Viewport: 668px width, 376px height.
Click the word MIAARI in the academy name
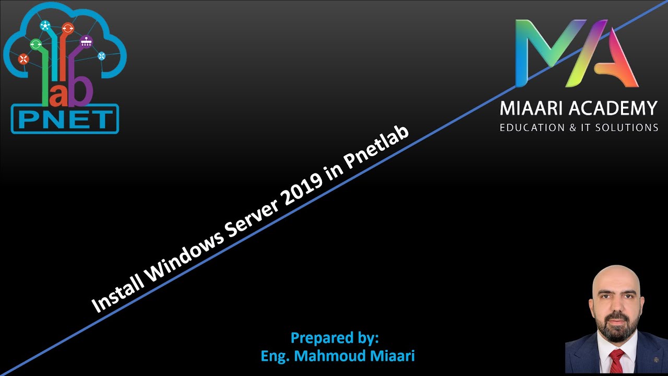point(530,108)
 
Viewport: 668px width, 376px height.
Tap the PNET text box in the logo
point(65,119)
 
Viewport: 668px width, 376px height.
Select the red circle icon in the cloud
point(23,59)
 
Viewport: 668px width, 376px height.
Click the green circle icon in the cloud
point(36,44)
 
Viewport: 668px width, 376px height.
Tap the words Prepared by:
point(335,338)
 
